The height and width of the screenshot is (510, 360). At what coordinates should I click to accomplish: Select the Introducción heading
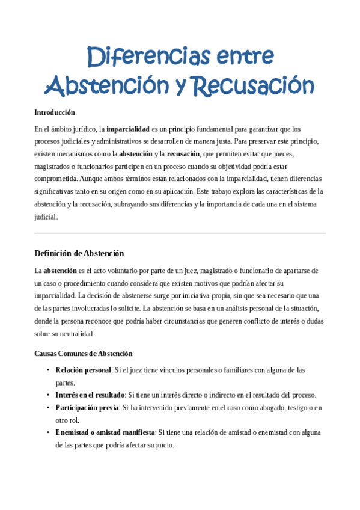point(55,112)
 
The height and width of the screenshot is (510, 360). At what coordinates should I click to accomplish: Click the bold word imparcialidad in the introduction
point(128,129)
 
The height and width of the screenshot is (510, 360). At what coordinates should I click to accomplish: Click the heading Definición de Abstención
point(79,253)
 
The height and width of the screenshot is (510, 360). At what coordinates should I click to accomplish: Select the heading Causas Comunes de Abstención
point(84,354)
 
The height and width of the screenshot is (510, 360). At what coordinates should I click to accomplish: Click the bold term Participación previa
point(87,408)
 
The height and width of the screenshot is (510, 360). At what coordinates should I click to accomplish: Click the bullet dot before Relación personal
point(48,370)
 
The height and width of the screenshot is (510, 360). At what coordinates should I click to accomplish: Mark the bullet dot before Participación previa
point(48,408)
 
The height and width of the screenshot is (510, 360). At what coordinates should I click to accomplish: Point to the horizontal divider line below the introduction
point(180,233)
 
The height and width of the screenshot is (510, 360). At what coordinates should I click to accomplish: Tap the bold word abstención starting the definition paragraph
point(60,271)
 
